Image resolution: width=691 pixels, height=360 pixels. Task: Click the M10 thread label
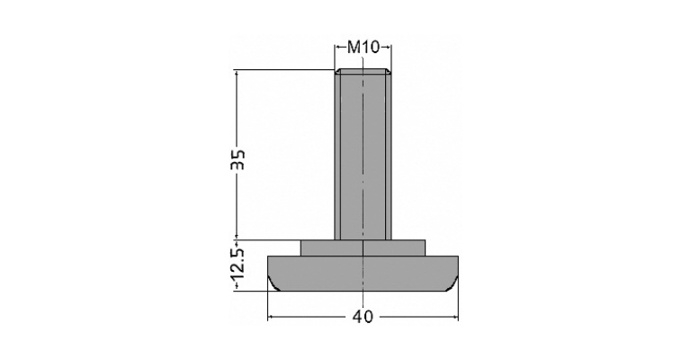[363, 47]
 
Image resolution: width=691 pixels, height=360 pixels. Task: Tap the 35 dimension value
[238, 159]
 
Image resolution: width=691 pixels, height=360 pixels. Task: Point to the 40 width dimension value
[363, 317]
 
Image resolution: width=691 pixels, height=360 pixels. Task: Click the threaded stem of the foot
[363, 154]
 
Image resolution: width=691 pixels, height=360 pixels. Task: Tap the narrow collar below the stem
[363, 247]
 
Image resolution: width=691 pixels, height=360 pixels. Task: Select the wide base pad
[363, 274]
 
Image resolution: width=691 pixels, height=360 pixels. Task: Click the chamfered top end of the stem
[363, 72]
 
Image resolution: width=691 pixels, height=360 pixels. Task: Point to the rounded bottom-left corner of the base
[274, 284]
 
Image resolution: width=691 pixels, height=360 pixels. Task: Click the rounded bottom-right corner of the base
[453, 284]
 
